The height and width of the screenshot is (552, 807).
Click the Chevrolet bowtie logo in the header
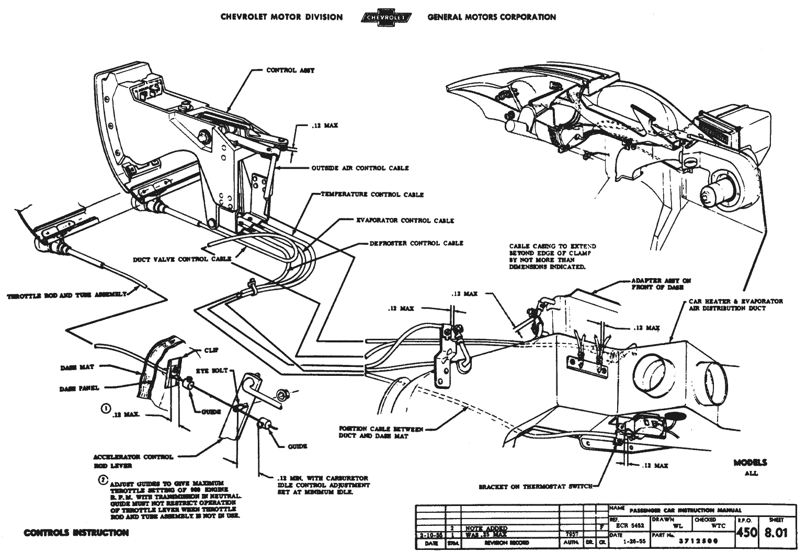click(x=385, y=17)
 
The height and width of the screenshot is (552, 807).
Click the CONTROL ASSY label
click(x=290, y=70)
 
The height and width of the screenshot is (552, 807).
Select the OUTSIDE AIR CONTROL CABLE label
click(x=360, y=168)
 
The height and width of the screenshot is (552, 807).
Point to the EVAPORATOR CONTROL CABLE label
click(x=404, y=221)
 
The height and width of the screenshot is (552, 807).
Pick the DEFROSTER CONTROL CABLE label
click(x=416, y=243)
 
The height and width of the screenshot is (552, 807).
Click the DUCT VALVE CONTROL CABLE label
click(x=182, y=259)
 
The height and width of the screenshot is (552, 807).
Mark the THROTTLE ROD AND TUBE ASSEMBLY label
click(x=66, y=295)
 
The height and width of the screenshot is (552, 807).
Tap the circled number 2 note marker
click(x=103, y=480)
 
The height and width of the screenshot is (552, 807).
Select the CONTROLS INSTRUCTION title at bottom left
click(x=76, y=533)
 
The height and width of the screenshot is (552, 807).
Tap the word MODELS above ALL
click(x=750, y=463)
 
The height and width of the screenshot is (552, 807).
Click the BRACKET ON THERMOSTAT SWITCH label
click(x=536, y=487)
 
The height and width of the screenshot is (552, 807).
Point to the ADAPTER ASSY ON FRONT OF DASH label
click(x=661, y=284)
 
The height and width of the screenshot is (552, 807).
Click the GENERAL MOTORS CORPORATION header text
click(x=492, y=17)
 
